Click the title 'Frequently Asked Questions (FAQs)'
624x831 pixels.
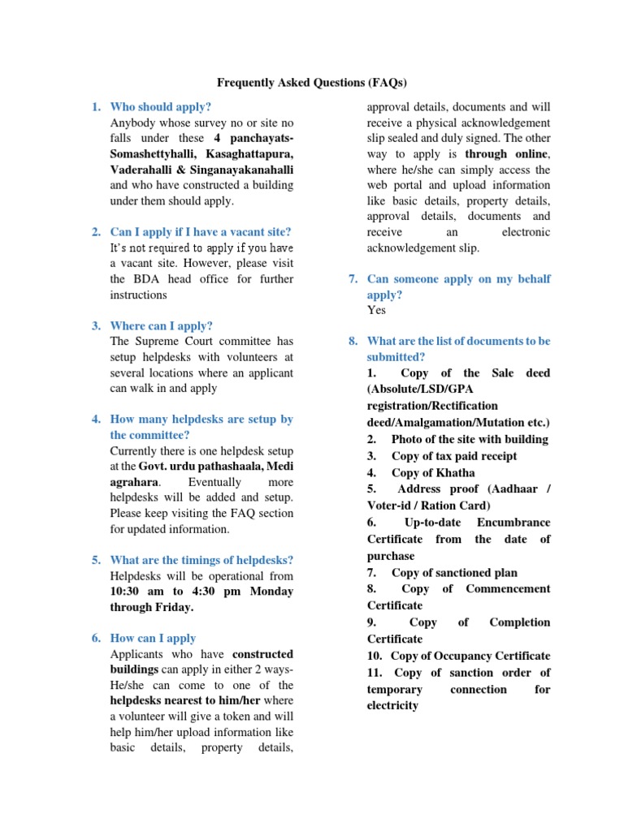pos(311,83)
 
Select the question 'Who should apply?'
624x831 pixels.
pos(160,107)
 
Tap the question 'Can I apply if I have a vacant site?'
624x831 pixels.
pos(200,232)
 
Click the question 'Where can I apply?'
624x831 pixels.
pos(161,325)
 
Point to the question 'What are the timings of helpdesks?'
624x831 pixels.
pos(201,560)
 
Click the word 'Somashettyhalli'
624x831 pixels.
pos(152,154)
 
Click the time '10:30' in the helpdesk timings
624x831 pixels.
pos(126,592)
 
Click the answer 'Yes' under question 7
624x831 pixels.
pos(376,310)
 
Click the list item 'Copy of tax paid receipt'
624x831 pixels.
pos(453,456)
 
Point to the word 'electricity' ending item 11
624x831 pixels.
pos(392,705)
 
